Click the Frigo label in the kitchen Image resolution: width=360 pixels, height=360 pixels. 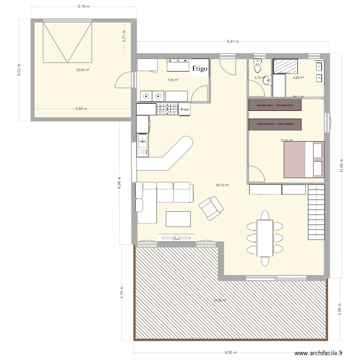pos(200,69)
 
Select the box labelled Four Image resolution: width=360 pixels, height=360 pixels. pos(184,110)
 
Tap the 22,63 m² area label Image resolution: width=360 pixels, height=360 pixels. pos(83,70)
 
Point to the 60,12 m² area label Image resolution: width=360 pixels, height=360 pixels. pos(222,185)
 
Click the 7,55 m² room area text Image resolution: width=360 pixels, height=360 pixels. pos(172,80)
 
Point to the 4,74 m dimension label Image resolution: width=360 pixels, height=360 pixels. pos(122,291)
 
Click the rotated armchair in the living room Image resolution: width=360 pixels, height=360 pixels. pos(211,209)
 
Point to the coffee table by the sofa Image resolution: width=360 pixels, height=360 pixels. pos(178,218)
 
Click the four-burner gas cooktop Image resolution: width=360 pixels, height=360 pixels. pos(167,109)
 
